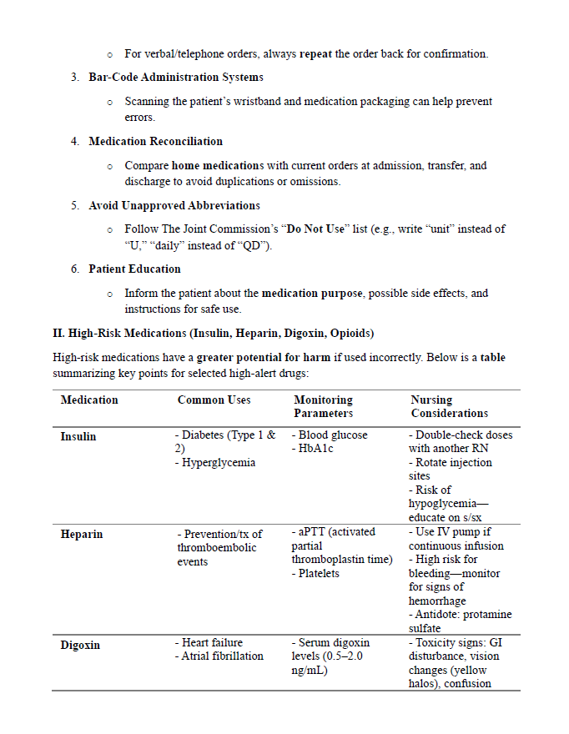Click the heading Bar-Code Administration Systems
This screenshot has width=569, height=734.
pyautogui.click(x=176, y=78)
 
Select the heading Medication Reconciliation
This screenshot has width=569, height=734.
pyautogui.click(x=156, y=142)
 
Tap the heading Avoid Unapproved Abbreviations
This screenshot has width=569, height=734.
pyautogui.click(x=174, y=205)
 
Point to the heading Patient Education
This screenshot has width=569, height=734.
pyautogui.click(x=134, y=269)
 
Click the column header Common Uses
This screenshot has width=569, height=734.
pyautogui.click(x=214, y=400)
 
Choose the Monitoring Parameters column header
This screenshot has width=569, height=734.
pyautogui.click(x=324, y=406)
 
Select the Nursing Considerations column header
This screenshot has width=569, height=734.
pyautogui.click(x=449, y=406)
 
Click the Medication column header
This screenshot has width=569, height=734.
pyautogui.click(x=89, y=400)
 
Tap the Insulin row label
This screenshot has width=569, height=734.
pyautogui.click(x=78, y=436)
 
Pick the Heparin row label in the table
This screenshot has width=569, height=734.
pyautogui.click(x=82, y=534)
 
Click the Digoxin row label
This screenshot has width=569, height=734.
pyautogui.click(x=81, y=645)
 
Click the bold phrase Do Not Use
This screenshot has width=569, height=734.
pyautogui.click(x=315, y=229)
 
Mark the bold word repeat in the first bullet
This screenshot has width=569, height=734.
pyautogui.click(x=315, y=54)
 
